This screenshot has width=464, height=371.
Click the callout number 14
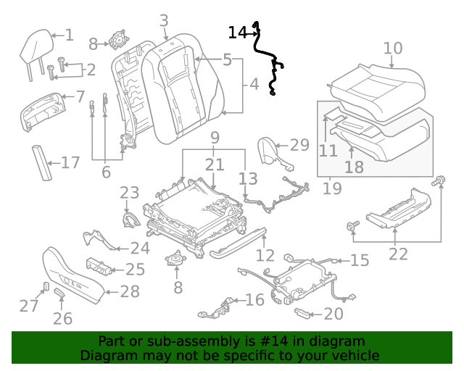point(237,33)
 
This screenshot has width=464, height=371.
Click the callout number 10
point(392,49)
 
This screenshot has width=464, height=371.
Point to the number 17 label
point(70,162)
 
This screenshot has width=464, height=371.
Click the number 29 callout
point(299,145)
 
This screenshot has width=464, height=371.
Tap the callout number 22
point(398,254)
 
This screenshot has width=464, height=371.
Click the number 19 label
point(333,189)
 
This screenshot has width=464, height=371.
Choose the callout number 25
point(136,270)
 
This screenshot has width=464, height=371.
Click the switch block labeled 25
point(100,266)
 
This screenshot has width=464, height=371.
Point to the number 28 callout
point(129,293)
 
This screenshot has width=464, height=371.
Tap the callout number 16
point(254,300)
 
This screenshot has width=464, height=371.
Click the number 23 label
point(129,193)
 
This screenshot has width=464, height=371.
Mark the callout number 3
point(164,21)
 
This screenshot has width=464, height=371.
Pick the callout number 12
point(265,255)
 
